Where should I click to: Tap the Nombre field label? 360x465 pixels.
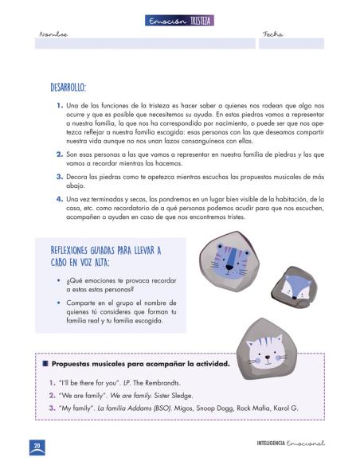pyautogui.click(x=53, y=35)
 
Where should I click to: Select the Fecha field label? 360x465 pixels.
pyautogui.click(x=272, y=35)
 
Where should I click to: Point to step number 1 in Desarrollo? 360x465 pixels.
pyautogui.click(x=60, y=105)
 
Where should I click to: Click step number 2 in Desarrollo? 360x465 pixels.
pyautogui.click(x=60, y=153)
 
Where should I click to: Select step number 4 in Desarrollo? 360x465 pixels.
pyautogui.click(x=60, y=199)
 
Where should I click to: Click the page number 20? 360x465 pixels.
pyautogui.click(x=37, y=444)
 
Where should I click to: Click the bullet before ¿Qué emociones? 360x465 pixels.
pyautogui.click(x=60, y=281)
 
